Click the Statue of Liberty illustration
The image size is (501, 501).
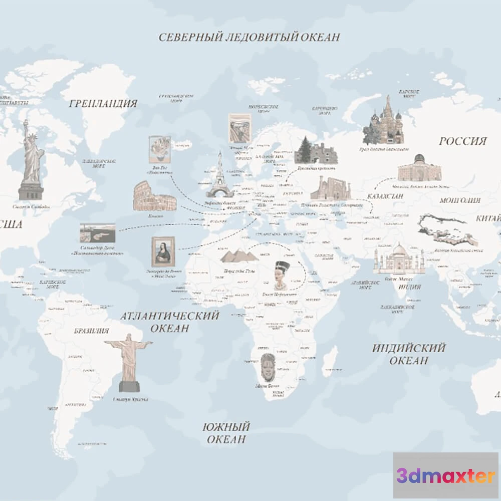[x=32, y=160]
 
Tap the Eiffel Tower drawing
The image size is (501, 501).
[x=219, y=175]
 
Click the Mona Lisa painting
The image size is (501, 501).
[x=163, y=252]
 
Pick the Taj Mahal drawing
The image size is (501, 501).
[x=399, y=259]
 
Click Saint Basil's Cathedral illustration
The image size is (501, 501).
[x=384, y=123]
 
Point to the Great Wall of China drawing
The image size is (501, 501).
[x=448, y=230]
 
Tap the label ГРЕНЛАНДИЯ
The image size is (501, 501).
[x=103, y=104]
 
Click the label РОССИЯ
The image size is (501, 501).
[x=462, y=141]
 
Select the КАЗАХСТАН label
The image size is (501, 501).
[x=385, y=196]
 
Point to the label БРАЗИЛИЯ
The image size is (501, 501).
[x=91, y=331]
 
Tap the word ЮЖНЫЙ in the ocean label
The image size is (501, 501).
[x=226, y=427]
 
